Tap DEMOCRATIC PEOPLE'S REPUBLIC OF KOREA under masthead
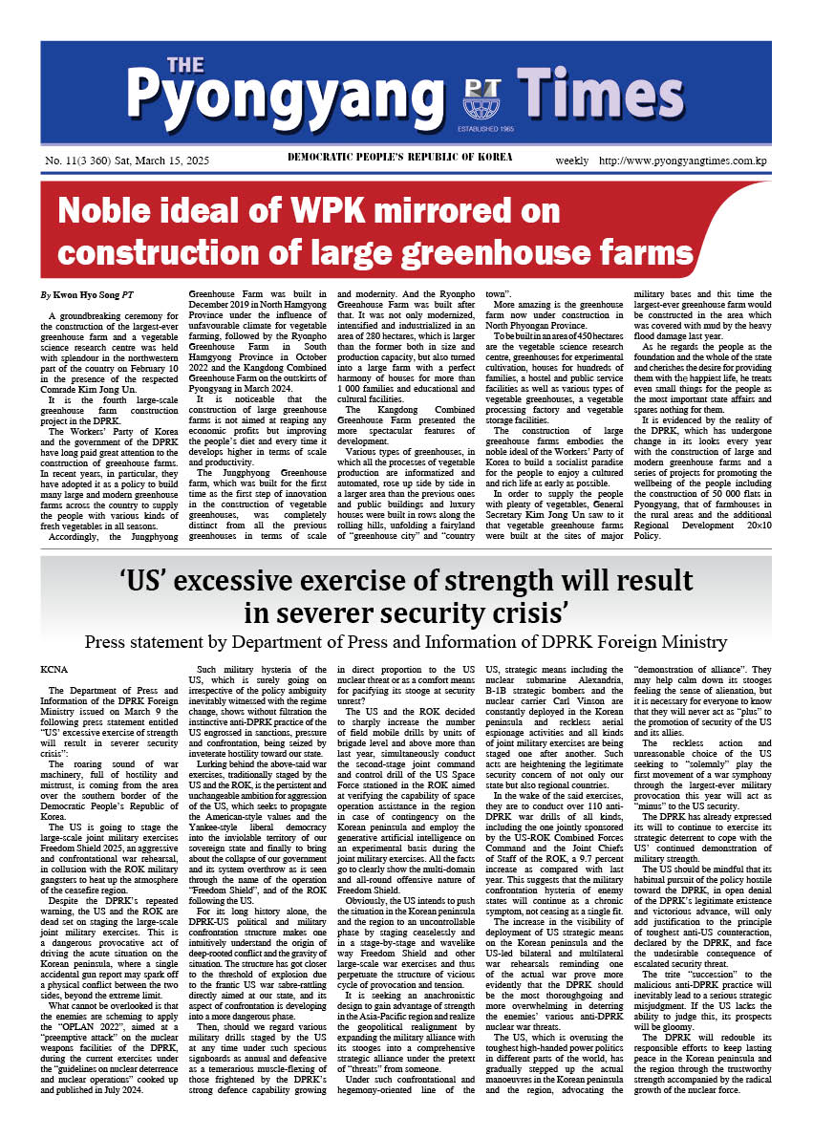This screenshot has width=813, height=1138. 400,157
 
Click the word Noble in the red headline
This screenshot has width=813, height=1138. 112,210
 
